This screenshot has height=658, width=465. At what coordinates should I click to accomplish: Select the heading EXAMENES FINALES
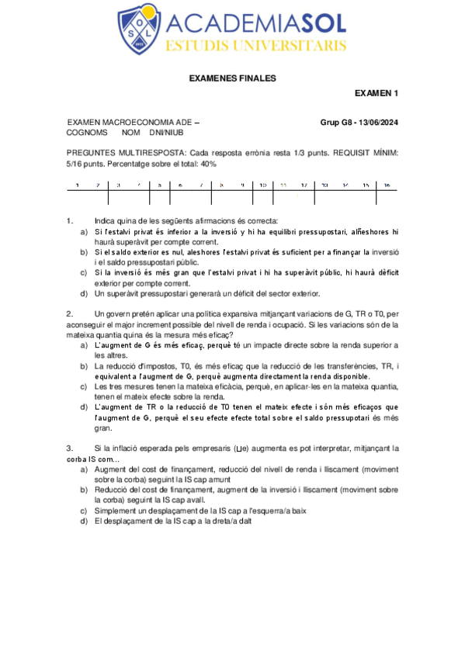[232, 78]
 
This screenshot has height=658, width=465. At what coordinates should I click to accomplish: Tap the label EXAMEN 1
[376, 94]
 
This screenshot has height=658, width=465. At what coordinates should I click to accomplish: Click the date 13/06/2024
[376, 123]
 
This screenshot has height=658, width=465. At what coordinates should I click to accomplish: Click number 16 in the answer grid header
[386, 185]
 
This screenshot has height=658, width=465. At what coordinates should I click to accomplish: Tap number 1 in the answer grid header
[77, 185]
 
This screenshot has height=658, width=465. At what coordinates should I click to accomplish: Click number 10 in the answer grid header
[263, 185]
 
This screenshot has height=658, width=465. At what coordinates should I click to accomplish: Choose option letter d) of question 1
[85, 293]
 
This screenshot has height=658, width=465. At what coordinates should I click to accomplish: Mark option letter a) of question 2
[85, 345]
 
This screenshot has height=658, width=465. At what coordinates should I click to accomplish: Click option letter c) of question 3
[85, 511]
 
